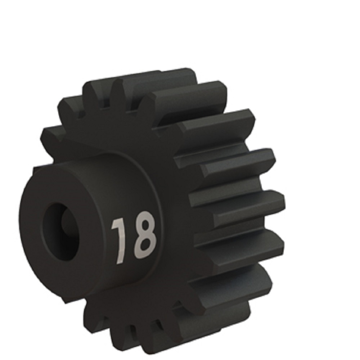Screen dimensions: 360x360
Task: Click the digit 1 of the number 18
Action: [120, 241]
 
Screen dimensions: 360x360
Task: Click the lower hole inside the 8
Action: [145, 244]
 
